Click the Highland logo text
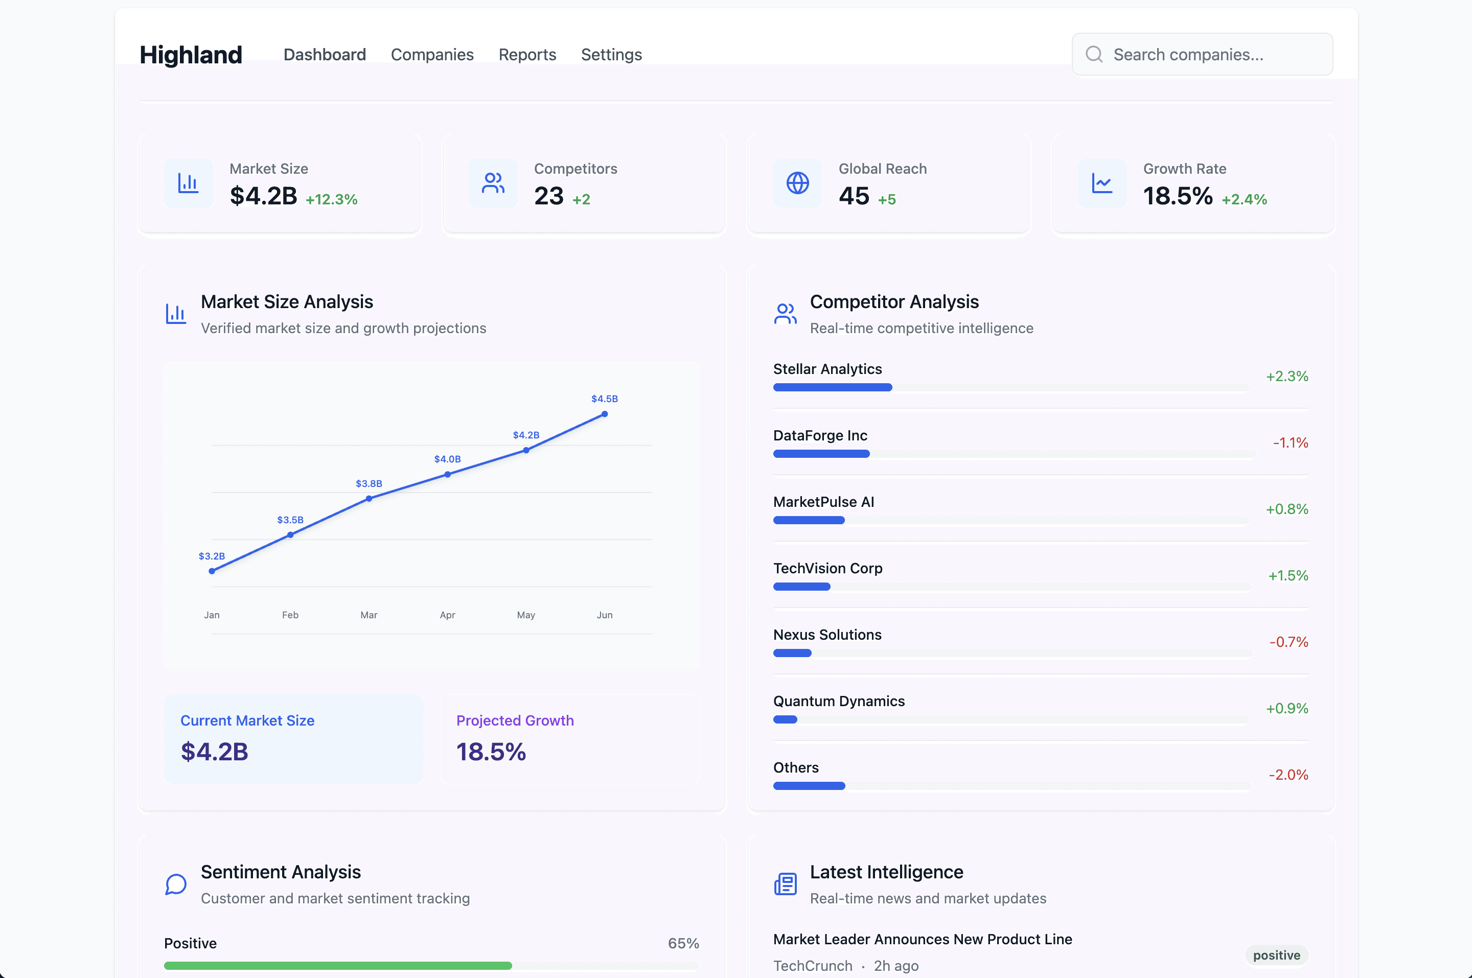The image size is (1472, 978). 191,55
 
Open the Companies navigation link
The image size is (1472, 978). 432,55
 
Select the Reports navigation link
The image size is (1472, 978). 527,55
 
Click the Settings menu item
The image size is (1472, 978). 611,55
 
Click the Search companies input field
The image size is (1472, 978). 1202,54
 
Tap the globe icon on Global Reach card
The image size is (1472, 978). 798,183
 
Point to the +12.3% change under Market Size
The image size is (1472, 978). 331,200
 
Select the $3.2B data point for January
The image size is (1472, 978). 212,571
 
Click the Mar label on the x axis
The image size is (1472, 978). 369,615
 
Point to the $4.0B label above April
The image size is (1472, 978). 447,459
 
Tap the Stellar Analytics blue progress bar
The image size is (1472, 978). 833,387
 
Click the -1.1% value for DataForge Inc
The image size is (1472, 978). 1291,443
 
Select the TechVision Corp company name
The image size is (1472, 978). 827,568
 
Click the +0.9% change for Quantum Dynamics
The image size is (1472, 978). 1287,709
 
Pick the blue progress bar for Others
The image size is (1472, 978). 809,786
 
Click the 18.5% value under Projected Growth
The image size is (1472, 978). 491,752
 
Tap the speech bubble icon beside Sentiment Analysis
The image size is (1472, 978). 176,884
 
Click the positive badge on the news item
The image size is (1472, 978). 1277,955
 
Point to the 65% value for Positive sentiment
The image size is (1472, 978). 683,943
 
